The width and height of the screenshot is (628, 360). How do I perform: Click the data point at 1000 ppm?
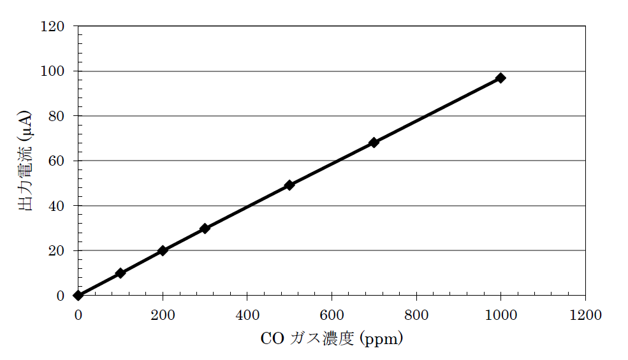tap(500, 78)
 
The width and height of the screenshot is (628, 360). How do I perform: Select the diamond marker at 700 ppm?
tap(374, 142)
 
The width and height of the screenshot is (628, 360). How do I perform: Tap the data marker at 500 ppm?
tap(289, 185)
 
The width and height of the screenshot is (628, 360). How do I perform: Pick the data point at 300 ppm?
tap(205, 228)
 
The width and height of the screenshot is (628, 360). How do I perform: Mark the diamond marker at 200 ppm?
tap(163, 250)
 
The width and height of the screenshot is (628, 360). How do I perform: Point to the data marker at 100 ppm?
tap(120, 273)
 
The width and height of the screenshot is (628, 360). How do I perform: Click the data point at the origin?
tap(78, 295)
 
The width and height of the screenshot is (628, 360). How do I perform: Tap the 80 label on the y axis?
tap(57, 116)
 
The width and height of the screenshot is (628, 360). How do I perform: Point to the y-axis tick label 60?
tap(57, 161)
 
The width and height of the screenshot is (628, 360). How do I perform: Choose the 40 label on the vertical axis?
tap(57, 206)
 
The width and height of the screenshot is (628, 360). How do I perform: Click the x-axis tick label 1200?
tap(585, 314)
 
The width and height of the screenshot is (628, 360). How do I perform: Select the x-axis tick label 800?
tap(416, 314)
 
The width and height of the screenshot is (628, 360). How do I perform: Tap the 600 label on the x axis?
tap(332, 314)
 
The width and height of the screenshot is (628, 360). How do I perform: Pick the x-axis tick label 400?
tap(247, 314)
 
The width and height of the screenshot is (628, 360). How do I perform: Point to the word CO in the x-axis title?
tap(272, 338)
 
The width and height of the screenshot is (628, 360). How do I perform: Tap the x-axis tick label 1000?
tap(500, 314)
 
